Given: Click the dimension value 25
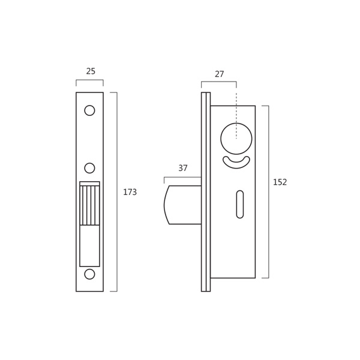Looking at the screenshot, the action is click(x=91, y=71).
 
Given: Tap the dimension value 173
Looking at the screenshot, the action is click(x=130, y=192).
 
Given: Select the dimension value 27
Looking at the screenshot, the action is click(x=219, y=74).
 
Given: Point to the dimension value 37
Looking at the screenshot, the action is click(x=183, y=168).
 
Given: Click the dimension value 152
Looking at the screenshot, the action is click(x=280, y=182).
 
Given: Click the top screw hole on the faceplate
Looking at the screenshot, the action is click(x=89, y=110).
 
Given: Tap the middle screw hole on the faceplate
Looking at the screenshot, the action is click(x=89, y=168).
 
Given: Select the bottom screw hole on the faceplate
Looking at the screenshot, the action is click(x=89, y=274).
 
